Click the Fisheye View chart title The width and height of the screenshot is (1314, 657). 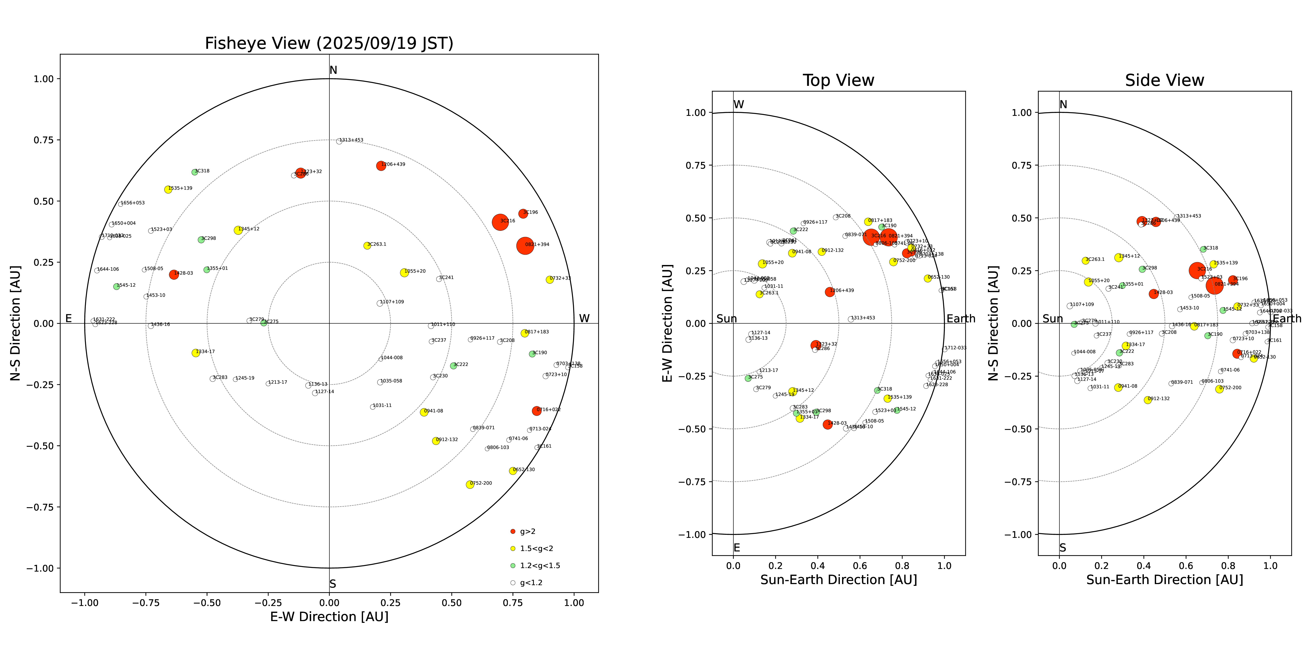tap(329, 43)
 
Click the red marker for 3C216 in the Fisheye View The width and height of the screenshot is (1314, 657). tap(500, 222)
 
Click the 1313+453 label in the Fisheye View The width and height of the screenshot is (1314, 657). tap(351, 140)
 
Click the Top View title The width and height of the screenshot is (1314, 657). tap(838, 81)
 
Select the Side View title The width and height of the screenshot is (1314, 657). tap(1164, 81)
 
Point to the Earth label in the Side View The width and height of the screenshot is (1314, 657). tap(1287, 319)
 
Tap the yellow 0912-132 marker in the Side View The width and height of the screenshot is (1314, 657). tap(1148, 400)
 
